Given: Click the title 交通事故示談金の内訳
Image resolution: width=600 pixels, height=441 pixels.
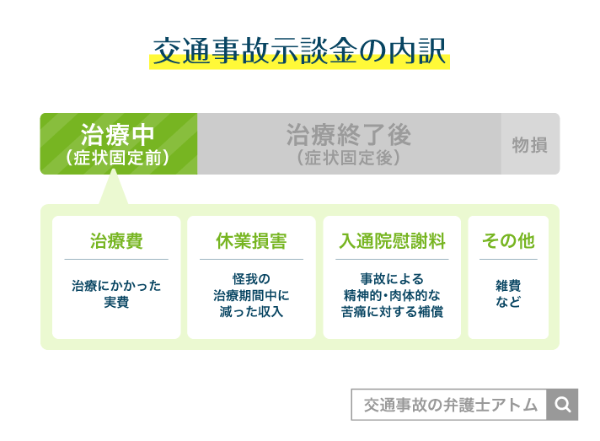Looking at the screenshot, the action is [x=300, y=51].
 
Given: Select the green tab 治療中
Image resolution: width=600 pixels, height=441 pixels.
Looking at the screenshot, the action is [x=119, y=143].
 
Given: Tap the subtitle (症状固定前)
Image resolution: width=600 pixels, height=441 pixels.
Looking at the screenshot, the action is [x=117, y=158].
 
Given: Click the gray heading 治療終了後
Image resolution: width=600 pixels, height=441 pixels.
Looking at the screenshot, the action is [x=349, y=135].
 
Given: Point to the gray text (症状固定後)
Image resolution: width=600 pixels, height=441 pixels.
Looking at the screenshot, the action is [x=349, y=158].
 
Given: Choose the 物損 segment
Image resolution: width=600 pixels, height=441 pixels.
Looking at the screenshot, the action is [x=530, y=145].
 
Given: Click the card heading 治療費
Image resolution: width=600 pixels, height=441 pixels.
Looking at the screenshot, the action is [x=116, y=241].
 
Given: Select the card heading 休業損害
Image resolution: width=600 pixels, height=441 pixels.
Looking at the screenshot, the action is [x=251, y=241].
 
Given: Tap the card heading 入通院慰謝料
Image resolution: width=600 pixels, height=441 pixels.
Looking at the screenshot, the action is [x=392, y=241].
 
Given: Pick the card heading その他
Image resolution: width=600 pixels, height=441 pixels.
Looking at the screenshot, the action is [x=508, y=241].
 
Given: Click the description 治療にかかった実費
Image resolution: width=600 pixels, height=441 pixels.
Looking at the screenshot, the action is [x=116, y=294].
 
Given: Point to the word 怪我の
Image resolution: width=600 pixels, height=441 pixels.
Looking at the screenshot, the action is [x=251, y=279].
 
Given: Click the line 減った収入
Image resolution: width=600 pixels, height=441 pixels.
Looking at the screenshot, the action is [x=251, y=312].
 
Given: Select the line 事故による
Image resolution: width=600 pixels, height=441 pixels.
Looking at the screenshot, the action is [x=392, y=279].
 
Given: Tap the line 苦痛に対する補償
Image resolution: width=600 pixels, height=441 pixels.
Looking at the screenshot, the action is [x=392, y=312].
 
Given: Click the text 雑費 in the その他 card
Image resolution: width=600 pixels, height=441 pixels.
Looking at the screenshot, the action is [x=508, y=286].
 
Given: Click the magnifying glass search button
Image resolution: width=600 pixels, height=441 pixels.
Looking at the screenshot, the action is [x=562, y=405].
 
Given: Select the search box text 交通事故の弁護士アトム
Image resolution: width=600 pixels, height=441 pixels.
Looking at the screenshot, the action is [x=451, y=405].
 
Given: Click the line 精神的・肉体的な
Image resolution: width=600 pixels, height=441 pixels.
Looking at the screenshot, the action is [x=392, y=295].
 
